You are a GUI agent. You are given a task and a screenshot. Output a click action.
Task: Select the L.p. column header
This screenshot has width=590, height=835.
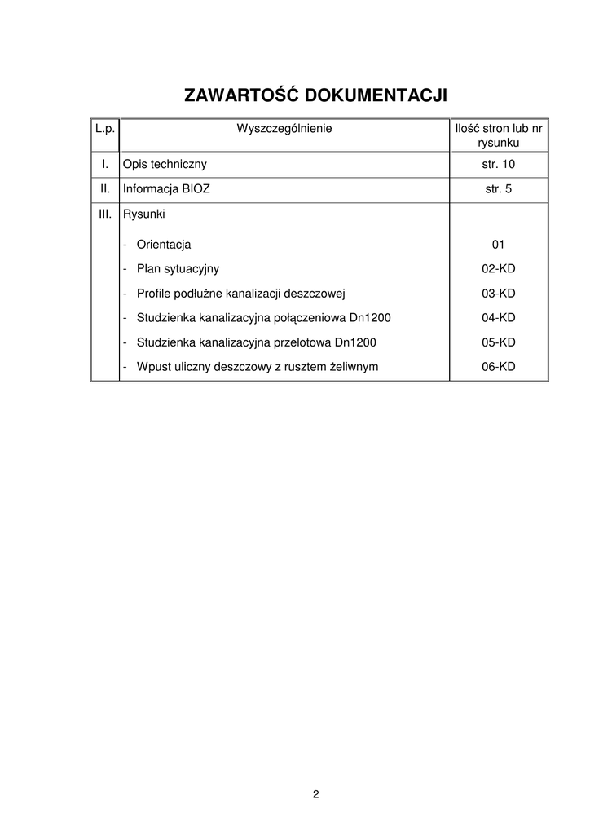[104, 128]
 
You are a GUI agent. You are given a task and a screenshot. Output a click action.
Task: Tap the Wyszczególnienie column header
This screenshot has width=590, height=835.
[284, 128]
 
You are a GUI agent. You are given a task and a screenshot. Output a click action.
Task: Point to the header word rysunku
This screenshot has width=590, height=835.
[499, 143]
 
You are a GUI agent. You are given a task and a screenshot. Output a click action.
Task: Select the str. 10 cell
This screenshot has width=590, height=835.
[499, 165]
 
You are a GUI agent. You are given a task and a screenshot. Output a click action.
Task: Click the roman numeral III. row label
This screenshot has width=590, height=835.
[104, 215]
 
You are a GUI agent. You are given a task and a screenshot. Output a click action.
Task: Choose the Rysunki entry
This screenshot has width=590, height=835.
[144, 215]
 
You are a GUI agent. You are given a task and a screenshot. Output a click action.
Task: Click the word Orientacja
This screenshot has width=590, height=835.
[164, 244]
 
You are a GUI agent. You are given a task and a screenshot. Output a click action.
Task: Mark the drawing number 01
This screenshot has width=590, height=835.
[499, 244]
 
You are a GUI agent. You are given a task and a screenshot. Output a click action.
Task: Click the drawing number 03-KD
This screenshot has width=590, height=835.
[499, 293]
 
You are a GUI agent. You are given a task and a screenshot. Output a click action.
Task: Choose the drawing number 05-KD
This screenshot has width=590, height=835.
[499, 342]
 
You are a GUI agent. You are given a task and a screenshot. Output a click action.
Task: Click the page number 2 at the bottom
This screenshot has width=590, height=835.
[315, 794]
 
